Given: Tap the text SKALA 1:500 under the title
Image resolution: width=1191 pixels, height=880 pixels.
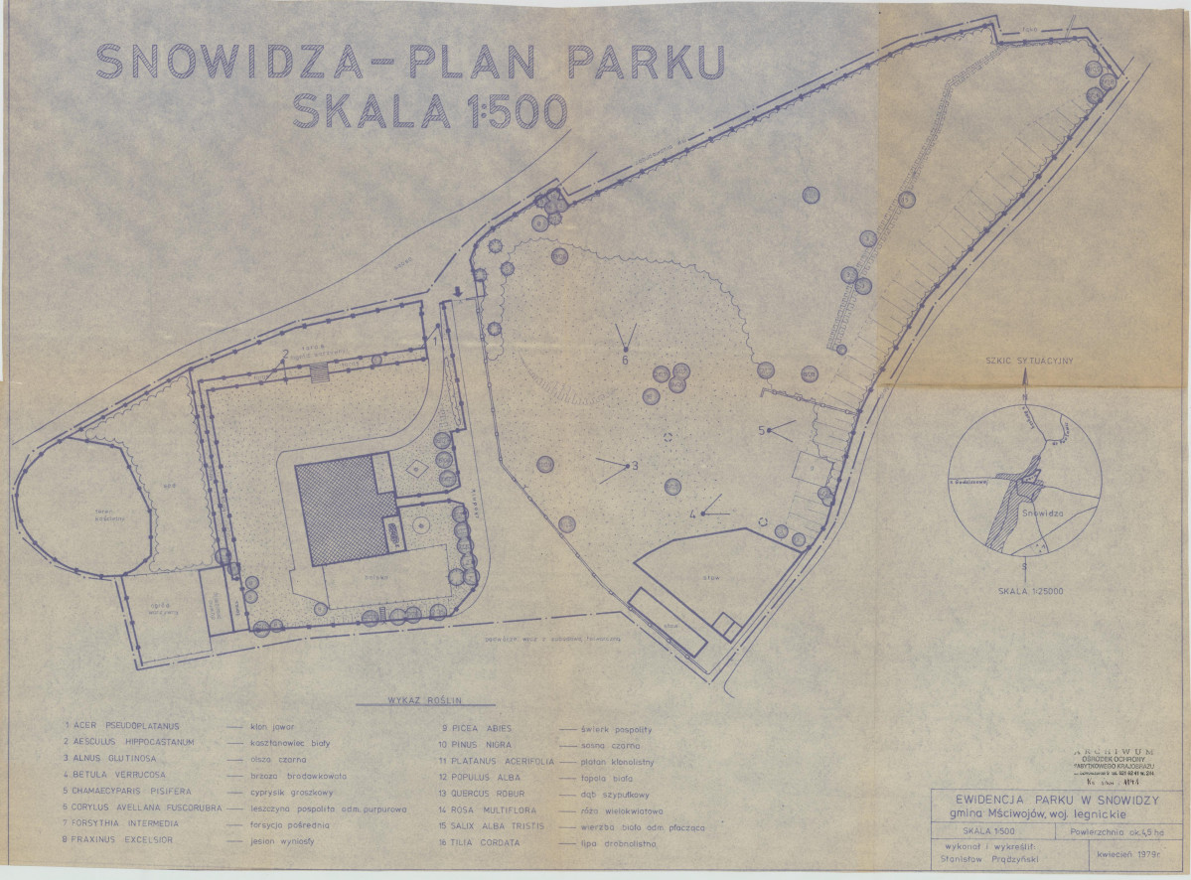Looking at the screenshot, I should click(429, 111).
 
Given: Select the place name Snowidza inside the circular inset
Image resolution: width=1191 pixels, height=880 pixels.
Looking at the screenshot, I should click(1040, 514).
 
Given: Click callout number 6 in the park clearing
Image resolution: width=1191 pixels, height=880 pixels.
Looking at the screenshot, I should click(625, 360).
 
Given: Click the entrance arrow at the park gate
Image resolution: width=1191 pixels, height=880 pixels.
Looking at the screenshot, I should click(456, 291).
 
